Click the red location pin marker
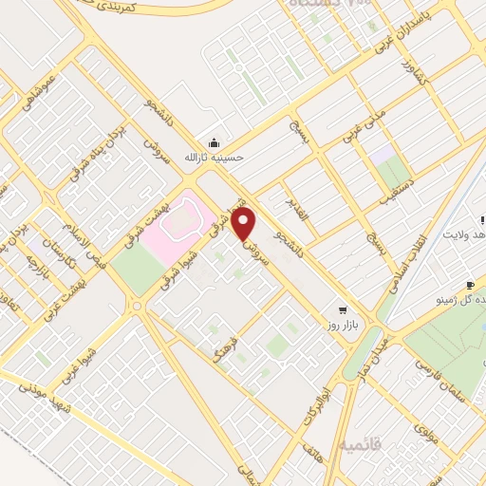coord(245,225)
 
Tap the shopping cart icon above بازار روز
coord(342,309)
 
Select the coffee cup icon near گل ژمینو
coord(470,285)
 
